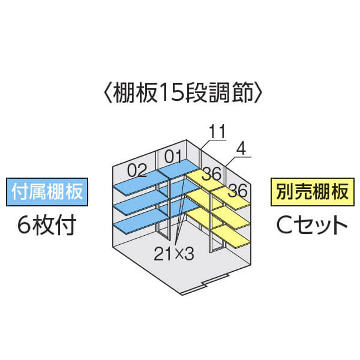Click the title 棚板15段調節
click(183, 92)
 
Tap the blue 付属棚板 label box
click(47, 192)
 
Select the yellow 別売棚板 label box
click(313, 192)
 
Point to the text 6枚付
click(47, 225)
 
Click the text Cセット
click(312, 225)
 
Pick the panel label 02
click(137, 170)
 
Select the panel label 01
click(173, 157)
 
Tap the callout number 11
click(217, 131)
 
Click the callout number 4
click(241, 149)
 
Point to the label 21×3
click(174, 254)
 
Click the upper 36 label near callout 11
click(212, 173)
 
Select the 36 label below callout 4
click(238, 190)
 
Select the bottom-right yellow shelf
click(230, 237)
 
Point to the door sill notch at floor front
click(205, 284)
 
